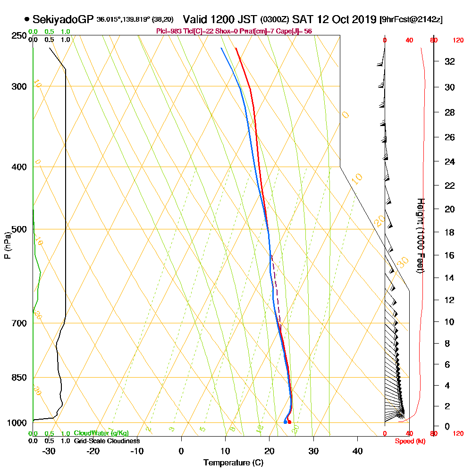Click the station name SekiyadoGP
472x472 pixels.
coord(63,19)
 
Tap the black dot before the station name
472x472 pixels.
coord(27,19)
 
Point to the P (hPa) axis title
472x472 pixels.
coord(7,245)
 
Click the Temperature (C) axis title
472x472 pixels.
coord(233,463)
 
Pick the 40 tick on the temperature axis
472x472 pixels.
coord(358,450)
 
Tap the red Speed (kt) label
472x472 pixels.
coord(409,441)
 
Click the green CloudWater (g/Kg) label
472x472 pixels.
coord(101,433)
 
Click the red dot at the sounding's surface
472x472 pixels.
coord(289,422)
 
